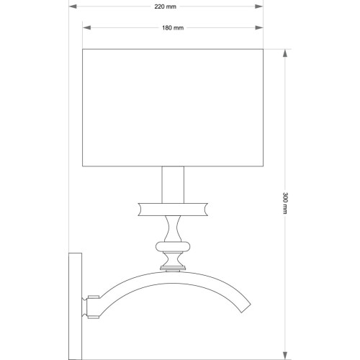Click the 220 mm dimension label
[x=165, y=6]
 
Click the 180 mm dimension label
[x=173, y=28]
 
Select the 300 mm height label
[x=285, y=203]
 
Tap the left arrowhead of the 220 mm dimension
[x=73, y=6]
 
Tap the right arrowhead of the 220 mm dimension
[x=259, y=6]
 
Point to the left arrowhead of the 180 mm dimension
[x=86, y=28]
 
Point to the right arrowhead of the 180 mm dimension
[x=259, y=28]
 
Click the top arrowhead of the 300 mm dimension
[x=285, y=53]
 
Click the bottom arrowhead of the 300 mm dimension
[x=285, y=356]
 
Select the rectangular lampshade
[x=173, y=108]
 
